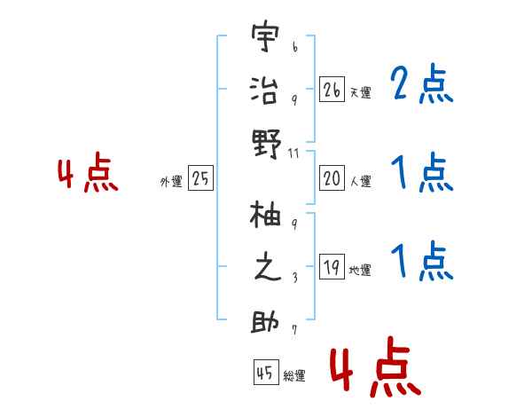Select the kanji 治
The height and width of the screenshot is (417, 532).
[265, 91]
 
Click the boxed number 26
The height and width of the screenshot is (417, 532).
[332, 89]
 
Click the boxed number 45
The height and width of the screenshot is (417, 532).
[264, 374]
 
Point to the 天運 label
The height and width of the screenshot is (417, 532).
[360, 92]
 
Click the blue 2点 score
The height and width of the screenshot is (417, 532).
[421, 85]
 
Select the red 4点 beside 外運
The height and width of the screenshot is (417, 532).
[88, 174]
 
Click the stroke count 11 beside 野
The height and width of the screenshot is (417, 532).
[294, 154]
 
